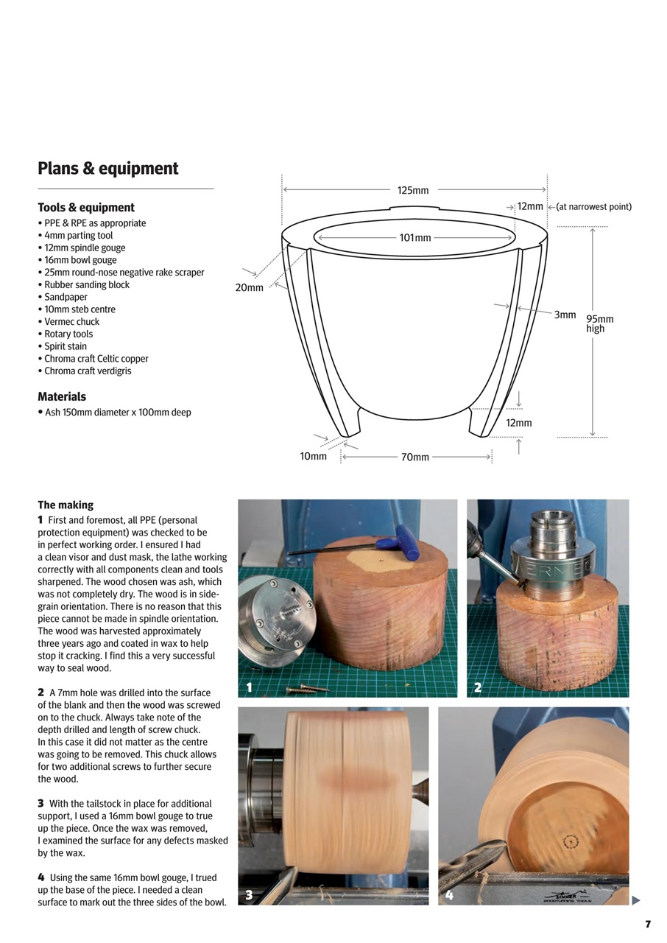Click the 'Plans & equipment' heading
coord(108,169)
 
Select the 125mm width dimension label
coord(413,190)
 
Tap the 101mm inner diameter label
coord(414,238)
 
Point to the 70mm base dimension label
coord(414,458)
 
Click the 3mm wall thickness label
coord(565,315)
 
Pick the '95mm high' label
coord(599,324)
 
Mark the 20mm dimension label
coord(249,287)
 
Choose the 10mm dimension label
coord(313,457)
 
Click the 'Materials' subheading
coord(62,397)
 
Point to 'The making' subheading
coord(66,505)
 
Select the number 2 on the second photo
coord(478,688)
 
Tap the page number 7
coord(648,924)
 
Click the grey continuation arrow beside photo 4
coord(636,900)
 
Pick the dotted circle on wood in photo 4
coord(569,842)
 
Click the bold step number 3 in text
coord(41,804)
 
